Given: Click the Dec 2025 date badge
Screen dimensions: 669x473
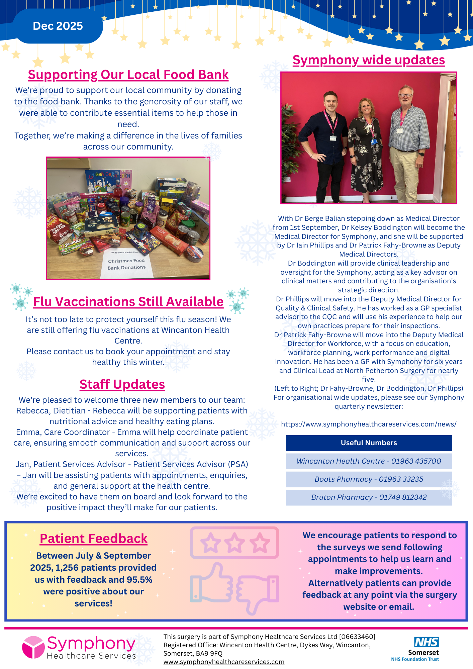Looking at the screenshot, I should (x=58, y=26).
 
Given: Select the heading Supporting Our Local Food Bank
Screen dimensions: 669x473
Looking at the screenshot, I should (x=128, y=75).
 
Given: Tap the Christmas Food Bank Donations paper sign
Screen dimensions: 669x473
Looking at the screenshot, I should (x=126, y=264).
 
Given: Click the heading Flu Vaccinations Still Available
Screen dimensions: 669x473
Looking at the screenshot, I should (x=128, y=302).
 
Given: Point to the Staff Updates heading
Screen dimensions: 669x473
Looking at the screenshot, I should (x=122, y=384).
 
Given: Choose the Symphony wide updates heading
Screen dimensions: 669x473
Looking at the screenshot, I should (x=369, y=60).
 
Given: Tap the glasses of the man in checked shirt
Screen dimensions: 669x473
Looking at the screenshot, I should (x=405, y=95).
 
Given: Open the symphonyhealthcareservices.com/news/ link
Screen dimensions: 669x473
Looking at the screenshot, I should (x=369, y=424).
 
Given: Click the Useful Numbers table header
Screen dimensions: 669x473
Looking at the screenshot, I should (x=369, y=443).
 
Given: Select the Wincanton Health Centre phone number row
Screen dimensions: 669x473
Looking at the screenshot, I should (x=369, y=461).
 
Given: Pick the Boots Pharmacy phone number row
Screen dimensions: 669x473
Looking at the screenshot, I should (x=369, y=479).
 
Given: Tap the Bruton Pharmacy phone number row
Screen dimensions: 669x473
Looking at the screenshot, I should (x=369, y=497).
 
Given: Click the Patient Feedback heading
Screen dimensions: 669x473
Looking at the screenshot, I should (x=94, y=539).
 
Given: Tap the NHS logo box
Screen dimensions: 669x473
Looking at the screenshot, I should (x=426, y=642).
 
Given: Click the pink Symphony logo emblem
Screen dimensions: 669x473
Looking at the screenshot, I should (x=33, y=647).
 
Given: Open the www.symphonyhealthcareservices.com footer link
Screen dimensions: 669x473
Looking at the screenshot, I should (x=224, y=662).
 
